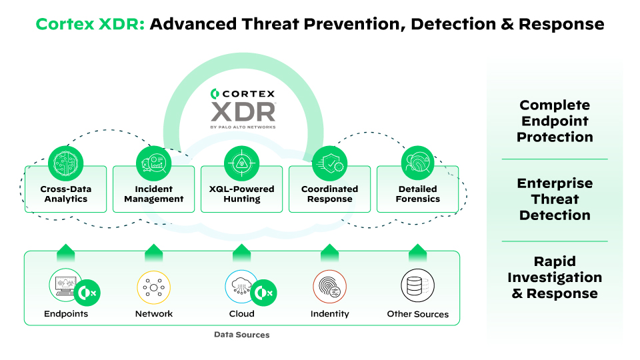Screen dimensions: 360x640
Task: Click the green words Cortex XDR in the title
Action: tap(90, 25)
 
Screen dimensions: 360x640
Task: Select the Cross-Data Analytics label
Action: tap(66, 194)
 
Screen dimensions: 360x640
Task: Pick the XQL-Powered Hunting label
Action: tap(242, 194)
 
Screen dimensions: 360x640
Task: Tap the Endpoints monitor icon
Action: tap(67, 286)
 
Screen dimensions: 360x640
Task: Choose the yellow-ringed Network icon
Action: tap(154, 287)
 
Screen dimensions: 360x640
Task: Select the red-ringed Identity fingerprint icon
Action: tap(330, 287)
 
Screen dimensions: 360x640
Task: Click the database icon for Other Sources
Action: tap(418, 287)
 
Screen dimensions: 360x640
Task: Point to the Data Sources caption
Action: tap(242, 335)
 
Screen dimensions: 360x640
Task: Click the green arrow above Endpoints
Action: tap(66, 252)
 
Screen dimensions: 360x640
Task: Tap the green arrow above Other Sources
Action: tap(418, 252)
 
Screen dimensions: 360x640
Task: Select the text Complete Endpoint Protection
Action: tap(555, 121)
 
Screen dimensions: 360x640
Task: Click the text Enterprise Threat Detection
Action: tap(555, 199)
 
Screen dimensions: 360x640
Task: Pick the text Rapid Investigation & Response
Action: tap(555, 277)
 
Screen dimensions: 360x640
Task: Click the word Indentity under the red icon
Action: tap(330, 314)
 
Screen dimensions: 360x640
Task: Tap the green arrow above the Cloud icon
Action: tap(242, 252)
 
